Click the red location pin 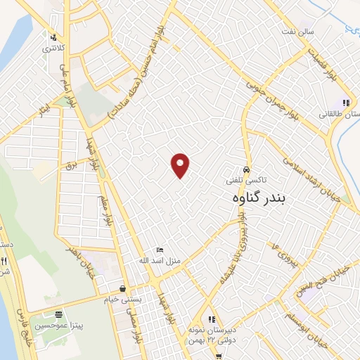click(181, 165)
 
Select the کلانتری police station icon click(53, 37)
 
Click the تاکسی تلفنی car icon click(246, 170)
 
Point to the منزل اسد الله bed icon click(160, 250)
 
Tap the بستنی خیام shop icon click(123, 288)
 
